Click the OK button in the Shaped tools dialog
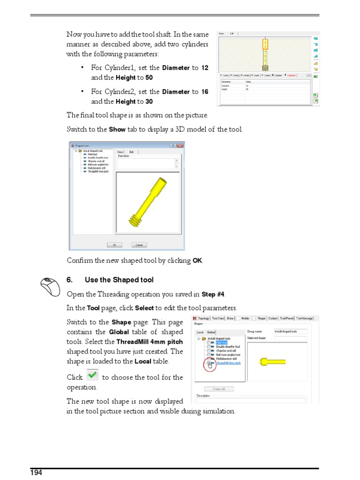point(114,245)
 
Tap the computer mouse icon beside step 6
point(50,286)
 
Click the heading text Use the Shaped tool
point(119,280)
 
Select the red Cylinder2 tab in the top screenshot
point(292,75)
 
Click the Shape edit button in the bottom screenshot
point(219,389)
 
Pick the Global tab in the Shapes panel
point(211,332)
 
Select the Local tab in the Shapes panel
point(200,332)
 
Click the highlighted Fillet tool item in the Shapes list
point(222,343)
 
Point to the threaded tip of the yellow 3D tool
point(136,220)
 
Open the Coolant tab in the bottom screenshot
point(274,318)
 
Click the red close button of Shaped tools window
point(180,146)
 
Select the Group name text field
point(291,331)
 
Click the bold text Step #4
point(213,294)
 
